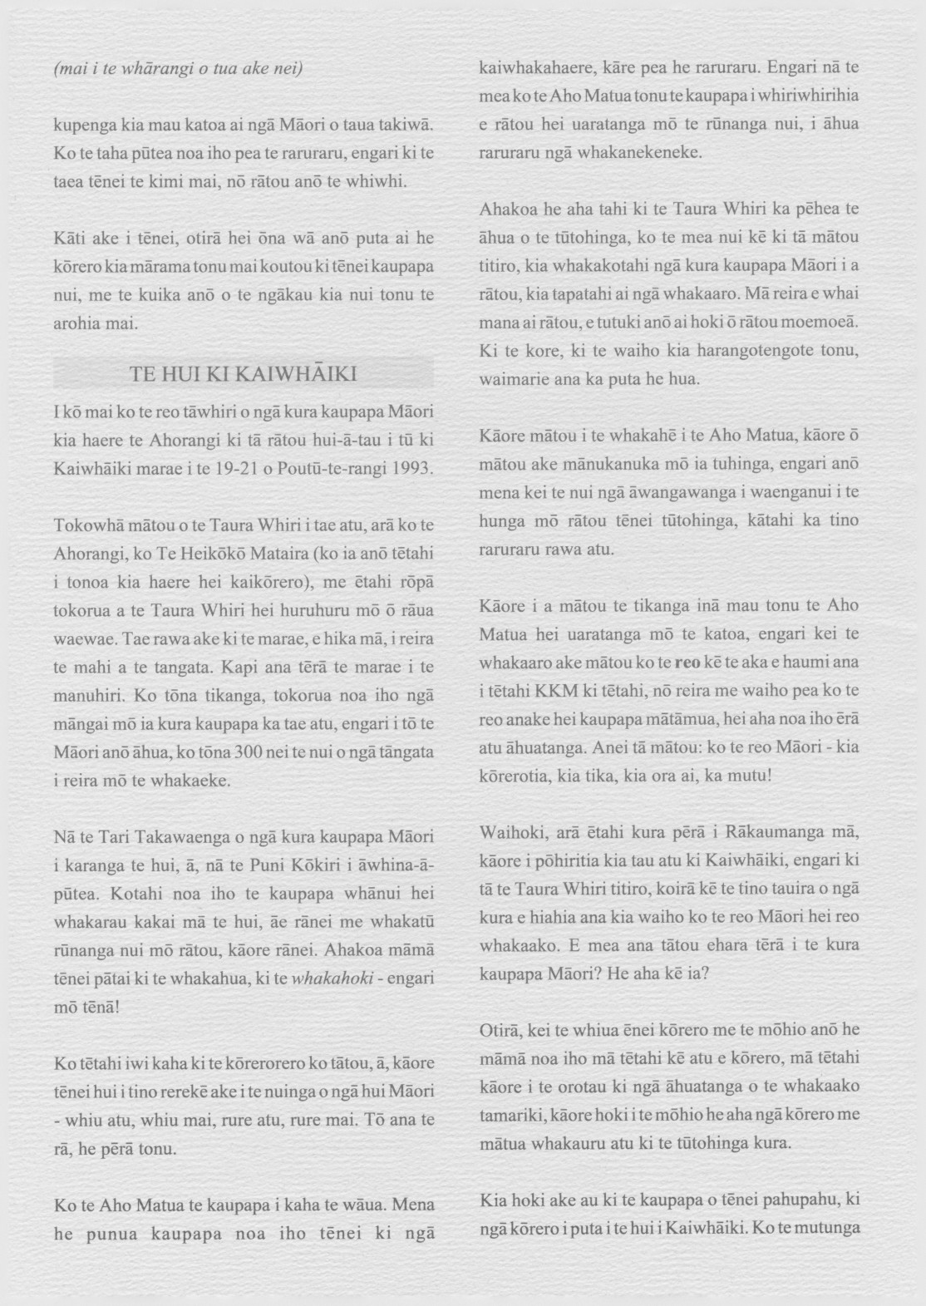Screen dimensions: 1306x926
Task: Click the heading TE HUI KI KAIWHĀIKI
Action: (x=244, y=374)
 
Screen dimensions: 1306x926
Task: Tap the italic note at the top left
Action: (x=178, y=68)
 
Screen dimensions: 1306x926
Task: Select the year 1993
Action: (x=411, y=468)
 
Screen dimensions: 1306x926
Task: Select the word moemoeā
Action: (x=820, y=322)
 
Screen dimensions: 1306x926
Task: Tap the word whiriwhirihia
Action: (x=808, y=96)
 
